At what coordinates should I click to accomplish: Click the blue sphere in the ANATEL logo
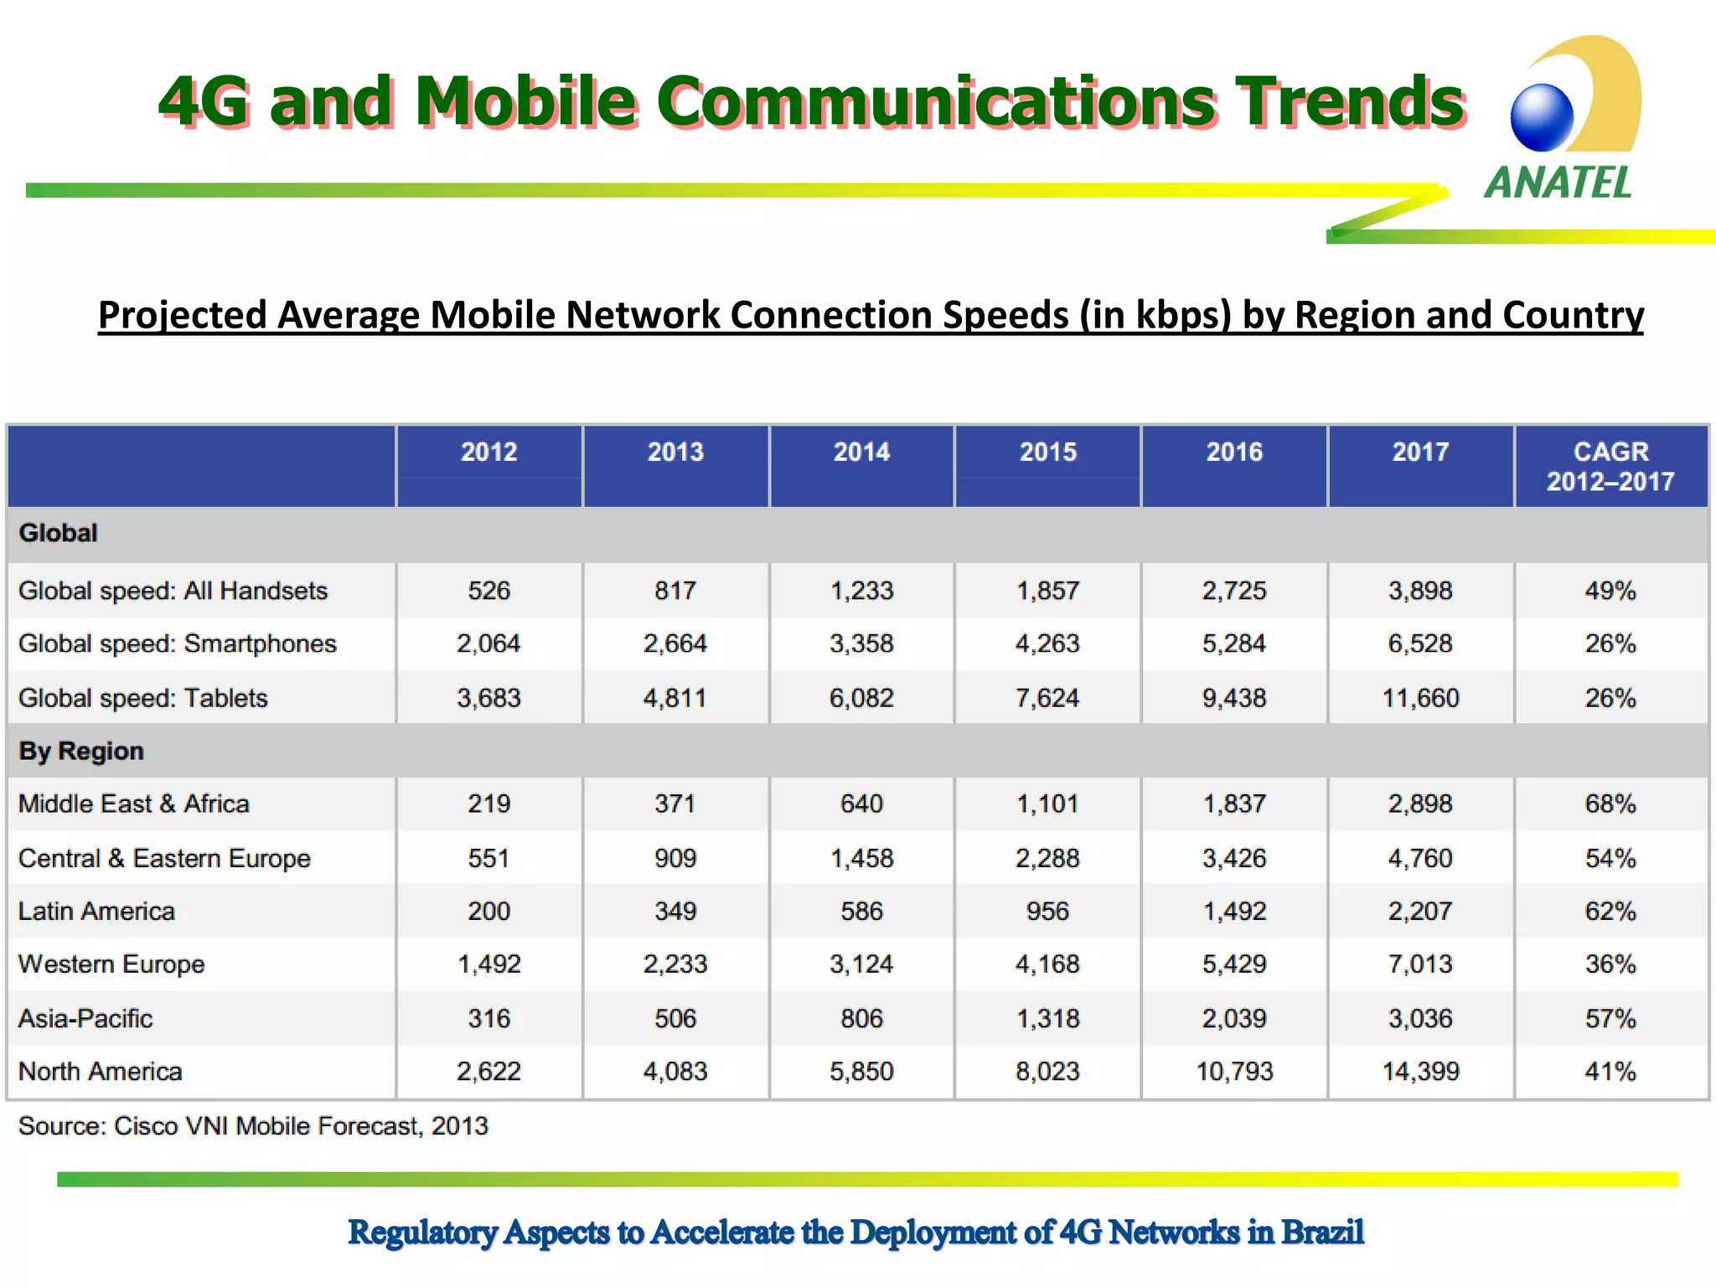(1542, 118)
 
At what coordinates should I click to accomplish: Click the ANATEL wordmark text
(1558, 183)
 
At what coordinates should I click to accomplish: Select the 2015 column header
(1047, 452)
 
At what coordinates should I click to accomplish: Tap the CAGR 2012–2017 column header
(1610, 466)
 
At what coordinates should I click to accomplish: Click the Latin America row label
(97, 911)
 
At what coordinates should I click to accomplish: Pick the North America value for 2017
(1420, 1071)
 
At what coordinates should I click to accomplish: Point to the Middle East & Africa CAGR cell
(1610, 804)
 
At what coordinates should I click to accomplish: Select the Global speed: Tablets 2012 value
(488, 698)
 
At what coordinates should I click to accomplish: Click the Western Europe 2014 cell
(861, 964)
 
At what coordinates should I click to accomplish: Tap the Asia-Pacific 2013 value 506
(675, 1018)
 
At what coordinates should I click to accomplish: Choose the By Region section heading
(81, 751)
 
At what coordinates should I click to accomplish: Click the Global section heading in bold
(59, 533)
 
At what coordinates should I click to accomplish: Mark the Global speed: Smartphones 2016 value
(1234, 643)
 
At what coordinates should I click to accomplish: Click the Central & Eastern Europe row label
(164, 858)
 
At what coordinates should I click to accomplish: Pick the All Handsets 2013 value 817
(675, 591)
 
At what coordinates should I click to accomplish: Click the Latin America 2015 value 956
(1047, 911)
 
